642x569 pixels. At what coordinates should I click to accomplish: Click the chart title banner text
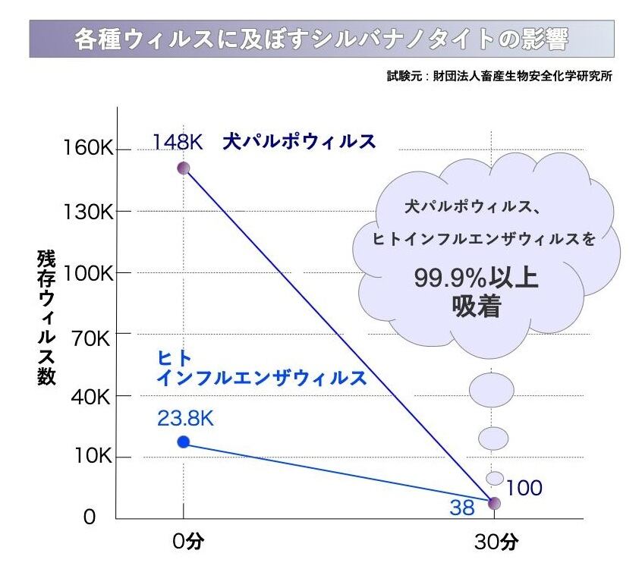pyautogui.click(x=321, y=39)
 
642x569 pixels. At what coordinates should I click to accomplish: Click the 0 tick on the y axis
pyautogui.click(x=90, y=517)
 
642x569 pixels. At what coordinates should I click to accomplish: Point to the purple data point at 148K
pyautogui.click(x=183, y=168)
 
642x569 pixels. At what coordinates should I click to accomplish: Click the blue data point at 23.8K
pyautogui.click(x=183, y=442)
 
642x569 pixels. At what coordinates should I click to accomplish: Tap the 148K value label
pyautogui.click(x=177, y=142)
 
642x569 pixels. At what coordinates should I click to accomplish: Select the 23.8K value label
pyautogui.click(x=186, y=418)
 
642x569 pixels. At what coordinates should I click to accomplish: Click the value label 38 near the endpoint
pyautogui.click(x=461, y=508)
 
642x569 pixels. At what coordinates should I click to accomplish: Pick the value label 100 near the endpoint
pyautogui.click(x=524, y=488)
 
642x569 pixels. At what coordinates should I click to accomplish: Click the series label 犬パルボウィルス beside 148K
pyautogui.click(x=299, y=142)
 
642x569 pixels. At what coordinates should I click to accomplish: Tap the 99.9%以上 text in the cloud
pyautogui.click(x=476, y=278)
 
